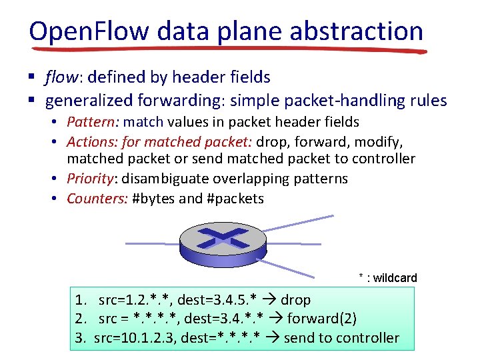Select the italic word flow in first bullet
[61, 78]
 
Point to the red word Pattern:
[93, 122]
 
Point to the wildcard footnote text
[387, 278]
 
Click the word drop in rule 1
[295, 301]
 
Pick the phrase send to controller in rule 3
[341, 338]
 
